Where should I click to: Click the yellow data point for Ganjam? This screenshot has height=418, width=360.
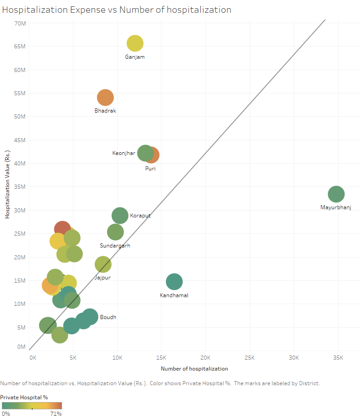(135, 43)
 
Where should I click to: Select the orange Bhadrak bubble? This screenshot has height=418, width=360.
(105, 98)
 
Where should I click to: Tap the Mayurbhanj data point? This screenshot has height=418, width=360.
(336, 194)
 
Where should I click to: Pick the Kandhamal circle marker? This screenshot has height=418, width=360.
(174, 282)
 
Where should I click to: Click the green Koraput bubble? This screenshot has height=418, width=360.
(120, 216)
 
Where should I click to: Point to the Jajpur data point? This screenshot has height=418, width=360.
(103, 264)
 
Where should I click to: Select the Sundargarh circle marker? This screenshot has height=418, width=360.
(115, 232)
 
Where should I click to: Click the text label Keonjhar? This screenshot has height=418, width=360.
(123, 153)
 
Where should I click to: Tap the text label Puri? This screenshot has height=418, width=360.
(151, 169)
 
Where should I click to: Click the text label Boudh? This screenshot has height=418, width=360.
(108, 317)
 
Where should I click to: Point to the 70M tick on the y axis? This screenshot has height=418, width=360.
(19, 23)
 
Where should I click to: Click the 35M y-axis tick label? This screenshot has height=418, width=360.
(19, 187)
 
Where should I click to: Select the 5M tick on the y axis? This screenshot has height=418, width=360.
(21, 327)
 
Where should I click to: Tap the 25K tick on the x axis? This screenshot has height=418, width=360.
(250, 358)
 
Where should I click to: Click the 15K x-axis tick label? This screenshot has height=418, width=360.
(162, 358)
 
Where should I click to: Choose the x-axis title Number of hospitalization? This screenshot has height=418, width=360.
(194, 368)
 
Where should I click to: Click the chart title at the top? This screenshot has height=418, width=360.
(117, 10)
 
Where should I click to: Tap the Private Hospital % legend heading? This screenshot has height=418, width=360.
(24, 397)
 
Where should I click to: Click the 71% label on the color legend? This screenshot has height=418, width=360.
(56, 413)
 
